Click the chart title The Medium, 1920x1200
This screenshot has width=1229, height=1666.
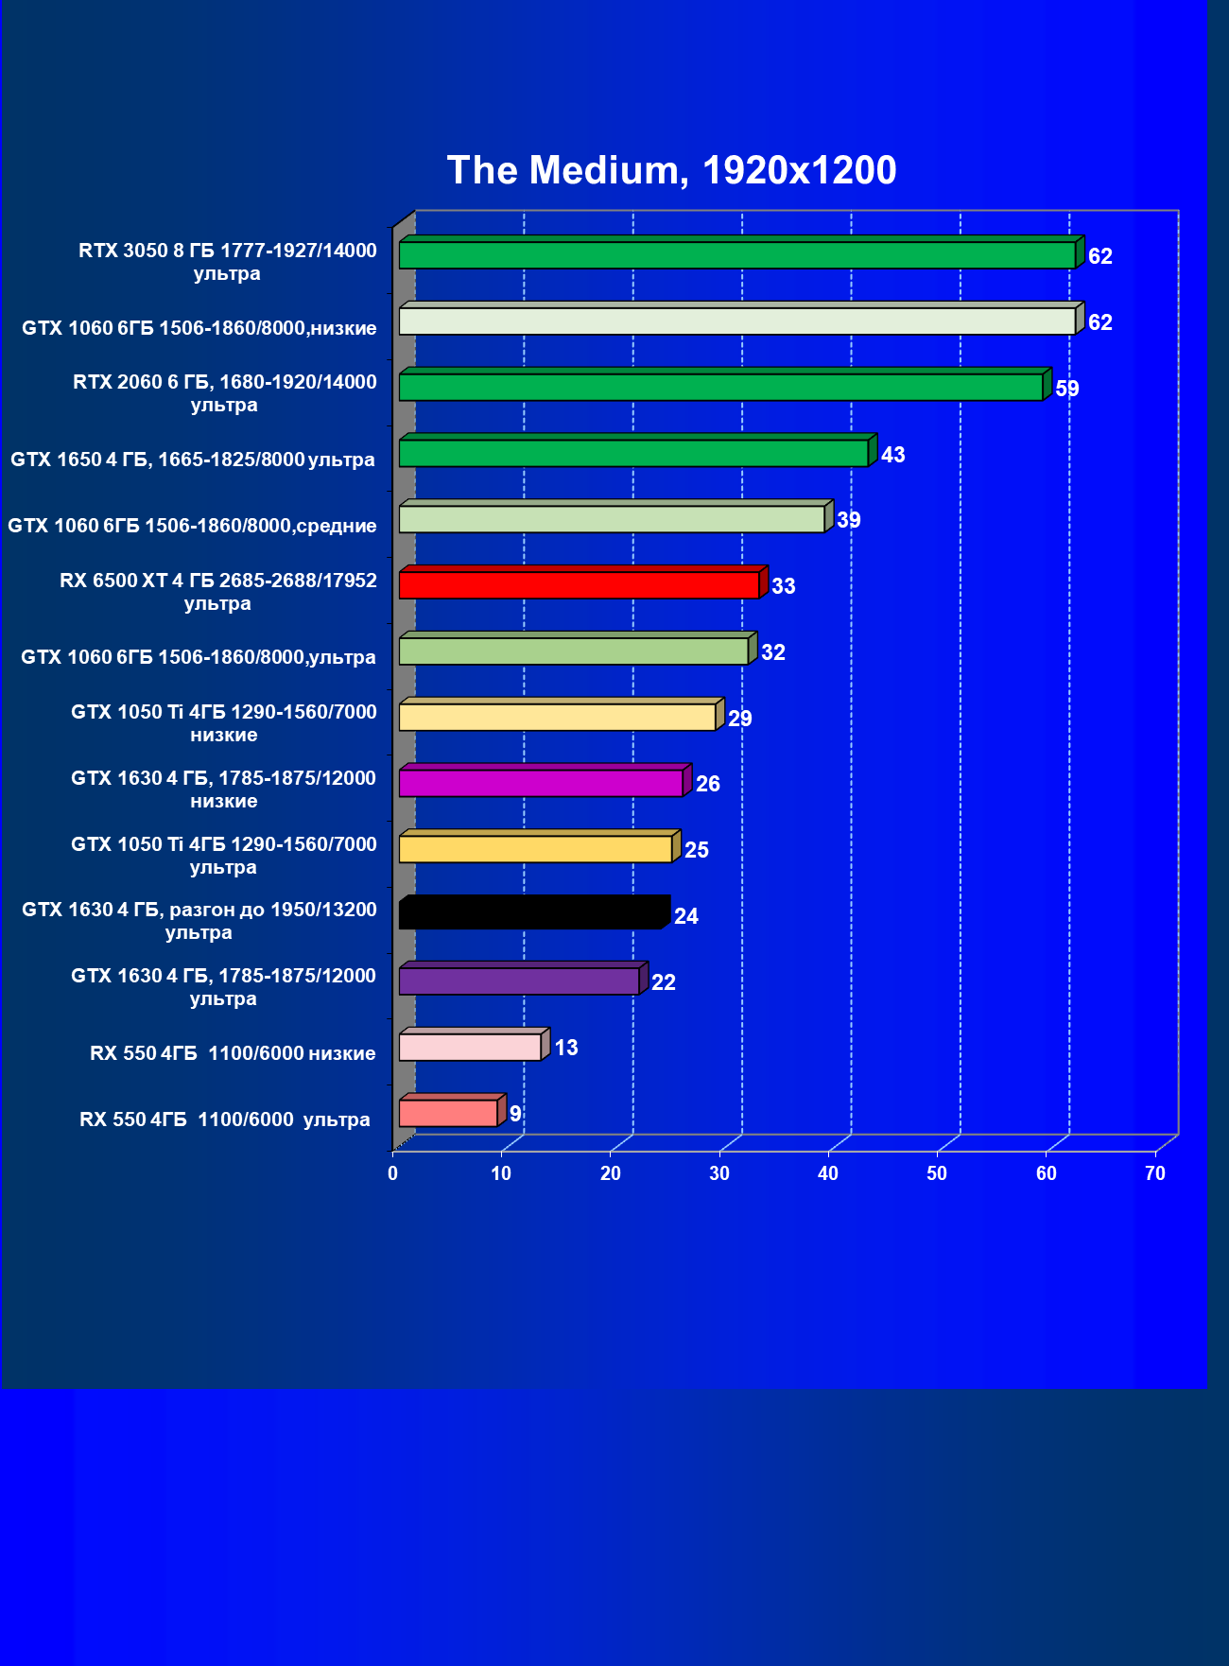point(671,170)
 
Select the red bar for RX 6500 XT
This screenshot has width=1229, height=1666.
point(579,584)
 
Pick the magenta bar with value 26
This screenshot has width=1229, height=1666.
point(541,783)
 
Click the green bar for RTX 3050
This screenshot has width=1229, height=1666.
point(737,255)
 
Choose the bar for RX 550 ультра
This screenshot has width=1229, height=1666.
point(448,1113)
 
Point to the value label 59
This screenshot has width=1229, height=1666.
point(1067,389)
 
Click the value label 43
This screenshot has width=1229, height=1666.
point(892,455)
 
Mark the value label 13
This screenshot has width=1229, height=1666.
point(566,1048)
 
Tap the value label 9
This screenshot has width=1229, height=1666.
point(515,1114)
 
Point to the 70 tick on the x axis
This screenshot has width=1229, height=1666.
point(1155,1173)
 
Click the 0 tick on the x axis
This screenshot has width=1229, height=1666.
point(393,1173)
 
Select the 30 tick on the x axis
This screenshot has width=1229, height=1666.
point(719,1173)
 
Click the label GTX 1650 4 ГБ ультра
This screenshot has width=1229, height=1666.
point(193,460)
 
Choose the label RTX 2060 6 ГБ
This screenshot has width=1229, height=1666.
point(225,393)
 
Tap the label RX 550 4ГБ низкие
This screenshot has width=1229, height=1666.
point(233,1053)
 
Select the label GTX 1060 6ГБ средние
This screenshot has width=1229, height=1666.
point(192,526)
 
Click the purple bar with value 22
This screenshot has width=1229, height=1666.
point(519,981)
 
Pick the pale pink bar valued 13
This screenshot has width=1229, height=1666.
point(470,1047)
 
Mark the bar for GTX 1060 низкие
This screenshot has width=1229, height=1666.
point(737,321)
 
